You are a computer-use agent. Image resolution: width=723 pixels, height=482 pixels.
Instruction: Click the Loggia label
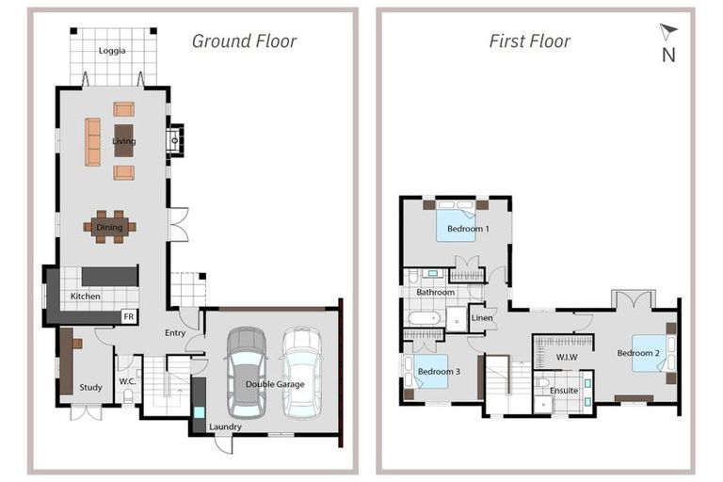pyautogui.click(x=112, y=51)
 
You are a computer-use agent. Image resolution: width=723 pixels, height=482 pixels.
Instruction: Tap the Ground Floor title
pyautogui.click(x=244, y=41)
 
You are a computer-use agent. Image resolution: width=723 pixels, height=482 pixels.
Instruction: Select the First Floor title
pyautogui.click(x=529, y=41)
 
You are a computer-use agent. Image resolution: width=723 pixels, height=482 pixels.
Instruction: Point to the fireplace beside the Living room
pyautogui.click(x=175, y=140)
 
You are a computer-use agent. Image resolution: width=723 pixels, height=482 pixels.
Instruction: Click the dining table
pyautogui.click(x=110, y=227)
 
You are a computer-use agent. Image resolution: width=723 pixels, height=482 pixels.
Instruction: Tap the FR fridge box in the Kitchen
pyautogui.click(x=129, y=316)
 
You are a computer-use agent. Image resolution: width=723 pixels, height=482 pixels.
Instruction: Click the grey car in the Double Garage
pyautogui.click(x=248, y=373)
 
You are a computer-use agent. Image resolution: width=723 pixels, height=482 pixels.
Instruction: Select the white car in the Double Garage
pyautogui.click(x=302, y=373)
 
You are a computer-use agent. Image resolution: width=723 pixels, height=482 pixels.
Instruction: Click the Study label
pyautogui.click(x=90, y=388)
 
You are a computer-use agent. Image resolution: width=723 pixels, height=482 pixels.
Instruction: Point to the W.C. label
pyautogui.click(x=127, y=381)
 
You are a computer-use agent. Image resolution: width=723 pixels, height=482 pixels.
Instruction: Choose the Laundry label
pyautogui.click(x=225, y=426)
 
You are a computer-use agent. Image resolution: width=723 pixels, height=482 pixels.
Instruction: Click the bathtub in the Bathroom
pyautogui.click(x=425, y=318)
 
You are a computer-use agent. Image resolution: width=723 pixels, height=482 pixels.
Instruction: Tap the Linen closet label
pyautogui.click(x=482, y=318)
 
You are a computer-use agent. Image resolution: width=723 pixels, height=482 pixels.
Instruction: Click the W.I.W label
pyautogui.click(x=567, y=357)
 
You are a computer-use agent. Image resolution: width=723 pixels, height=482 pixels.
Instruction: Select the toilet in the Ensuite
pyautogui.click(x=542, y=382)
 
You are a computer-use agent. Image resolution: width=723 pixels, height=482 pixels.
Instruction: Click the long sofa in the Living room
pyautogui.click(x=92, y=141)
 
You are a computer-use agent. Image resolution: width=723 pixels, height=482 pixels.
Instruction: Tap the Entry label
pyautogui.click(x=175, y=332)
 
